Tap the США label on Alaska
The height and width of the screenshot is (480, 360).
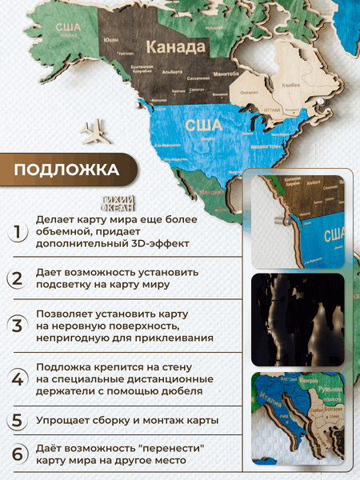(66, 28)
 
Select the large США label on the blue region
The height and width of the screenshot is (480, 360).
(203, 125)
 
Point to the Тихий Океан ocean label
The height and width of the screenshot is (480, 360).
(125, 203)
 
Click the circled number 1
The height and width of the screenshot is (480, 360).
(17, 233)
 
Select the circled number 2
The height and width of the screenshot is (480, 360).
(17, 279)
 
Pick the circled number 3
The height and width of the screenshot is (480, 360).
(17, 326)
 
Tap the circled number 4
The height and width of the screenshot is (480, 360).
(17, 378)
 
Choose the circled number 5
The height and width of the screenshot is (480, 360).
(17, 421)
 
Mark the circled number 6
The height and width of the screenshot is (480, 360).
(17, 454)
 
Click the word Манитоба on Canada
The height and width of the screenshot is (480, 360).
(210, 74)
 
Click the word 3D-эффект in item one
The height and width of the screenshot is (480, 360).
(171, 246)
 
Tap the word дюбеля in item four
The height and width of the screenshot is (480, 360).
(179, 391)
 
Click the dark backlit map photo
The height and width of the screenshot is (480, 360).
(298, 318)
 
